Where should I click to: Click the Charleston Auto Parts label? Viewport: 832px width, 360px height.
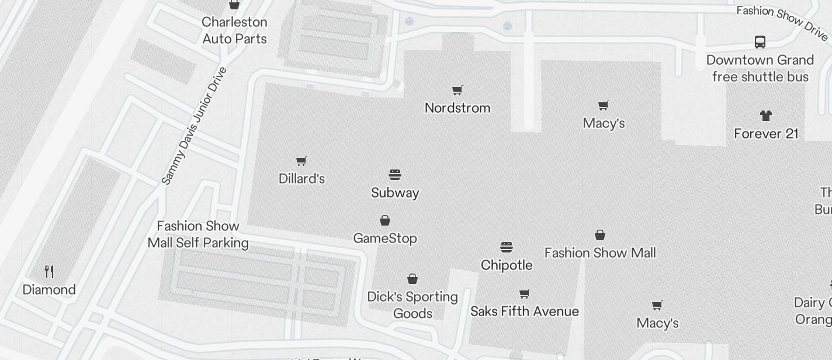coord(234,30)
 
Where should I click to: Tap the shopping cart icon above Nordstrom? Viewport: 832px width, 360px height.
coord(457,90)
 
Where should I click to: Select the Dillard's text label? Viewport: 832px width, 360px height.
coord(301,179)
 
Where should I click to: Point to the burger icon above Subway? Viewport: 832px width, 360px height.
coord(395,175)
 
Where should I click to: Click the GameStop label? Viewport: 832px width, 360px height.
coord(385,238)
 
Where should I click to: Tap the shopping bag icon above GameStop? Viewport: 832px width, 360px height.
coord(385,220)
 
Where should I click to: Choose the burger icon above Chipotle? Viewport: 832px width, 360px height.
coord(507,247)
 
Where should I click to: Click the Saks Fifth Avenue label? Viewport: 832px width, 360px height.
coord(525,311)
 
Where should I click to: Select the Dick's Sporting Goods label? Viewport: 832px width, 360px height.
coord(412,305)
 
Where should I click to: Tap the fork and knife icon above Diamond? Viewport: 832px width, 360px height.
coord(49,272)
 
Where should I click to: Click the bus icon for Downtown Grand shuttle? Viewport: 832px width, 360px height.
coord(760,42)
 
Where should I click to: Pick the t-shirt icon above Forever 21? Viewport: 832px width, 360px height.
coord(766,116)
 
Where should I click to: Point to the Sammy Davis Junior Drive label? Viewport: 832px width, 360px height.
coord(193,126)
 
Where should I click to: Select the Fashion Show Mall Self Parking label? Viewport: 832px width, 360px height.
coord(198,234)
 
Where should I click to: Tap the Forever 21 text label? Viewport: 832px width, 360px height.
coord(766,134)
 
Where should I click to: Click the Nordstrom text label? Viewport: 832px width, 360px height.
coord(457,108)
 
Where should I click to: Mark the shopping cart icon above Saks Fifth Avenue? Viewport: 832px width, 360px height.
coord(525,293)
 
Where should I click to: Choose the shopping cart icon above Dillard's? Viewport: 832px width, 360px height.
coord(301,161)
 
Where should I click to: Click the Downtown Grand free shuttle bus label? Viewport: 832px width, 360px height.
coord(760,68)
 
